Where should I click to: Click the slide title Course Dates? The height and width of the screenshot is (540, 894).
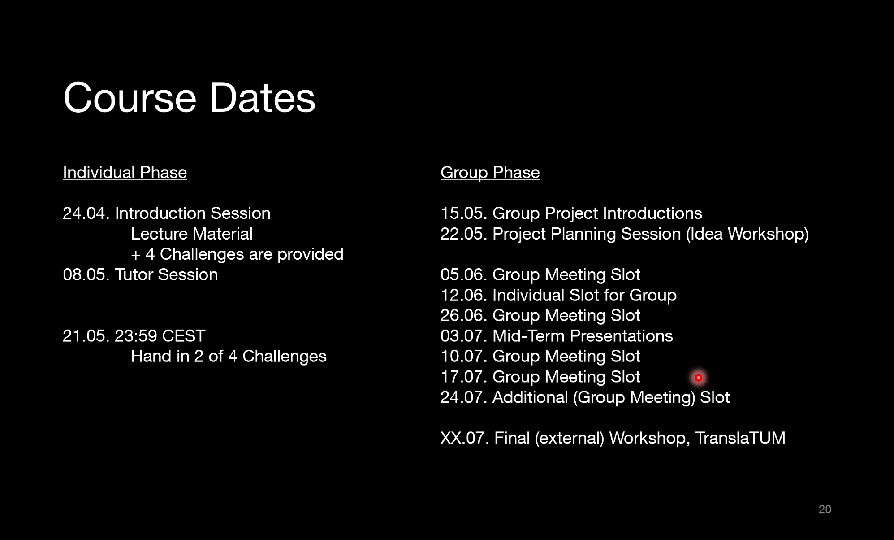coord(189,98)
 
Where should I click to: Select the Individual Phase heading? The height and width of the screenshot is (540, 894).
coord(125,173)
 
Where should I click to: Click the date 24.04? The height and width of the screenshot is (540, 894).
coord(86,213)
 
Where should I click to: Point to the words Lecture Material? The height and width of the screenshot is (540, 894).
coord(192,234)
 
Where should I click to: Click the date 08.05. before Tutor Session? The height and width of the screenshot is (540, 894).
coord(86,275)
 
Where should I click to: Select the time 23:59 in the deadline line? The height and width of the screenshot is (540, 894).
coord(136,336)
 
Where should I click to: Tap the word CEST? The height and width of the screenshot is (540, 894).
coord(183,336)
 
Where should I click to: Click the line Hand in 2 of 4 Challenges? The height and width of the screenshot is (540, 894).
coord(229,357)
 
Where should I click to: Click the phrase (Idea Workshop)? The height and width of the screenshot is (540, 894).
coord(747,234)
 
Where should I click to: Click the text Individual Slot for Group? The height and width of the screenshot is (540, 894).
coord(584,296)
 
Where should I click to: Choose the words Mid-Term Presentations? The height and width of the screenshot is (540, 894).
coord(583,336)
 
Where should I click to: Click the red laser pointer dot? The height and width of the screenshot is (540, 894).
coord(698,378)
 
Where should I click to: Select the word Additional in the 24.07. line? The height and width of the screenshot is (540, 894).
coord(530,397)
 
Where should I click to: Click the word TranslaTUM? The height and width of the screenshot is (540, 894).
coord(740,438)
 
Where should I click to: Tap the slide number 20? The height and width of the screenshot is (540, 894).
coord(825,509)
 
